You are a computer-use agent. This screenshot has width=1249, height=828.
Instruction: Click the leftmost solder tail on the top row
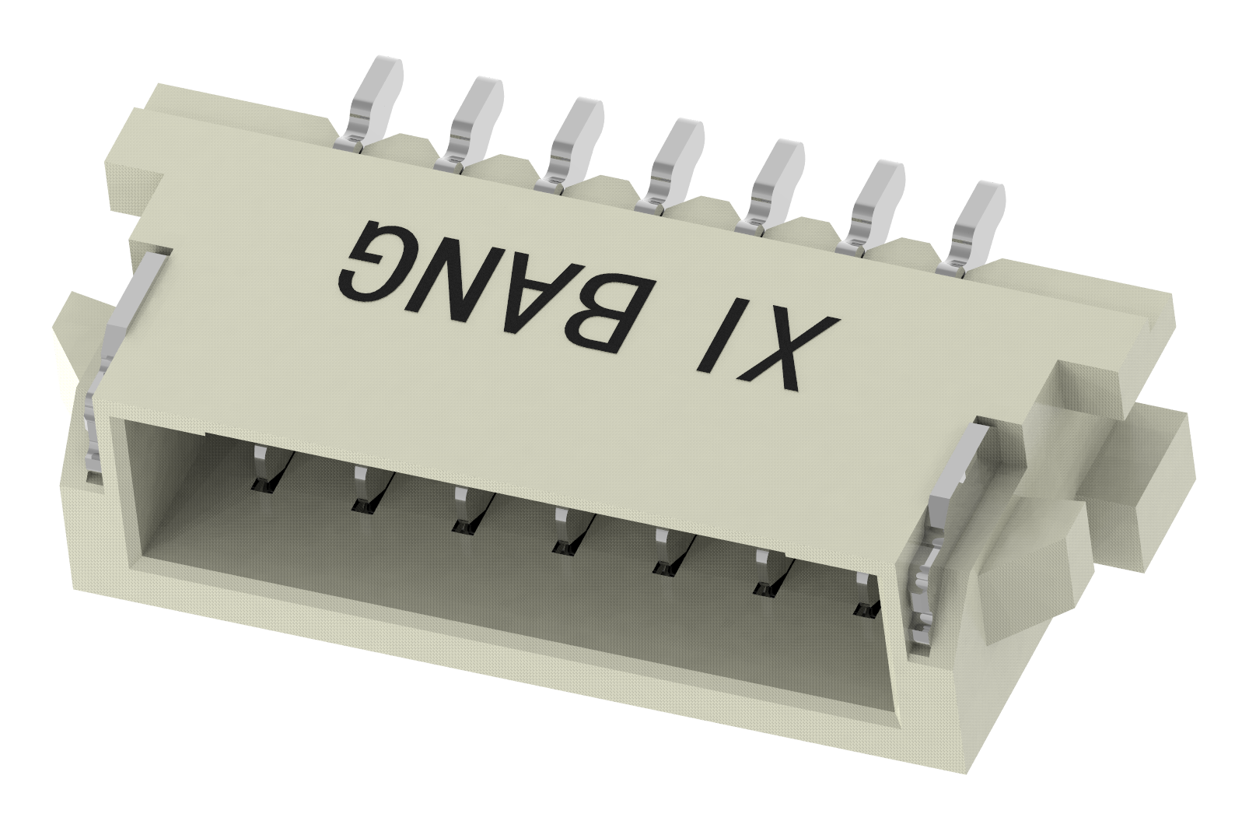tap(373, 101)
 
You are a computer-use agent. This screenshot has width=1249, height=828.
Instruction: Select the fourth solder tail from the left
tap(674, 164)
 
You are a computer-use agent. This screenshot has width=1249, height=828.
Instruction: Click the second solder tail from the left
tap(474, 121)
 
